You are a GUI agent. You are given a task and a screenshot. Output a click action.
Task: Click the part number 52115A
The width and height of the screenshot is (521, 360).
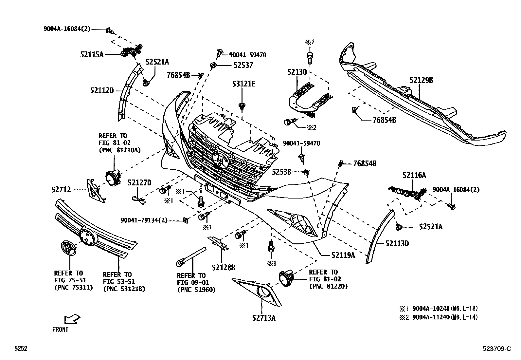[92, 55]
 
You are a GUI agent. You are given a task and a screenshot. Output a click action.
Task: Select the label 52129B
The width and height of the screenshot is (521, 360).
[421, 80]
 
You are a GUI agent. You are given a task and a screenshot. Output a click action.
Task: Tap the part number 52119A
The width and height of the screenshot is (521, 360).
[343, 255]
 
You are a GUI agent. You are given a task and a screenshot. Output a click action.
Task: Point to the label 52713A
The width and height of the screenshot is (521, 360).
[264, 317]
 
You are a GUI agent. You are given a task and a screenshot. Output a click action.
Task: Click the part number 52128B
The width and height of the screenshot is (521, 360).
[224, 268]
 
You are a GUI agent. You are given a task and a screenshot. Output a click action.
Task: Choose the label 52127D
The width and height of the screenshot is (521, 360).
[139, 183]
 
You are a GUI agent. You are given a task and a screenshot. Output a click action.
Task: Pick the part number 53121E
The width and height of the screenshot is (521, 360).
[244, 84]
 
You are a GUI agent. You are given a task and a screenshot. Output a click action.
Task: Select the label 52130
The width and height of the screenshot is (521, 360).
[297, 72]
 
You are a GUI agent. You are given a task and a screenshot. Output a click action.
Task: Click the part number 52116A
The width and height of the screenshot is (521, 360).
[414, 176]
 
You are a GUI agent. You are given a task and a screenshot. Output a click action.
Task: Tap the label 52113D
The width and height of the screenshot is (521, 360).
[397, 244]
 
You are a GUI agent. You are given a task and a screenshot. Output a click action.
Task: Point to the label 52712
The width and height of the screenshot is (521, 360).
[61, 190]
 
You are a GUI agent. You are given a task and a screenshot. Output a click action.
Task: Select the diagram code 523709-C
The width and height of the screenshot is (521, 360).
[496, 349]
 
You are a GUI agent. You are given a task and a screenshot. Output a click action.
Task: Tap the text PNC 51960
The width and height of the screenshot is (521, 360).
[196, 290]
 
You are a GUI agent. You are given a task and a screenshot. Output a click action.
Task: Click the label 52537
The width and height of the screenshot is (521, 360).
[243, 65]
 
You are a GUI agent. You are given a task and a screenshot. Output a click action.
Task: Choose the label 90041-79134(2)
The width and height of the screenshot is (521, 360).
[144, 220]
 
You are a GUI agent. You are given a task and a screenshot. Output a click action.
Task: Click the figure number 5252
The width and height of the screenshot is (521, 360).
[21, 349]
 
